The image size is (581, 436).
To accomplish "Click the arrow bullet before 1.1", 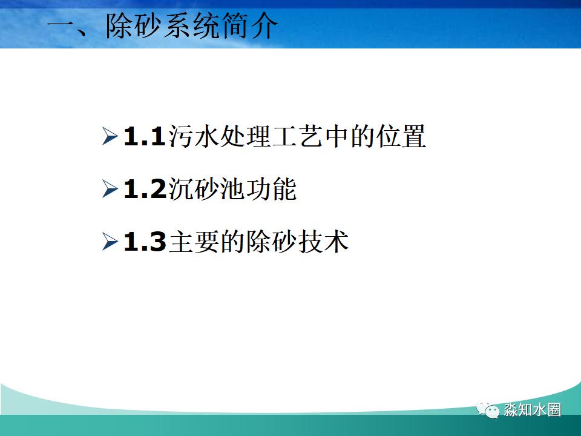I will coord(110,136).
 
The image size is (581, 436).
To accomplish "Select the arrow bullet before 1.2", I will coord(110,190).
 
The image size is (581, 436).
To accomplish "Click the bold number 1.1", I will coord(144,137).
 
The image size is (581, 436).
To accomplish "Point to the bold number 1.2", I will coord(144,190).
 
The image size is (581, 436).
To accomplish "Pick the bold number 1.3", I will coord(144,243).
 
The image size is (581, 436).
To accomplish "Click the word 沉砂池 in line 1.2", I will coord(205,190).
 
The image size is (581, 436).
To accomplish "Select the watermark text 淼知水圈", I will coord(533,410).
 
